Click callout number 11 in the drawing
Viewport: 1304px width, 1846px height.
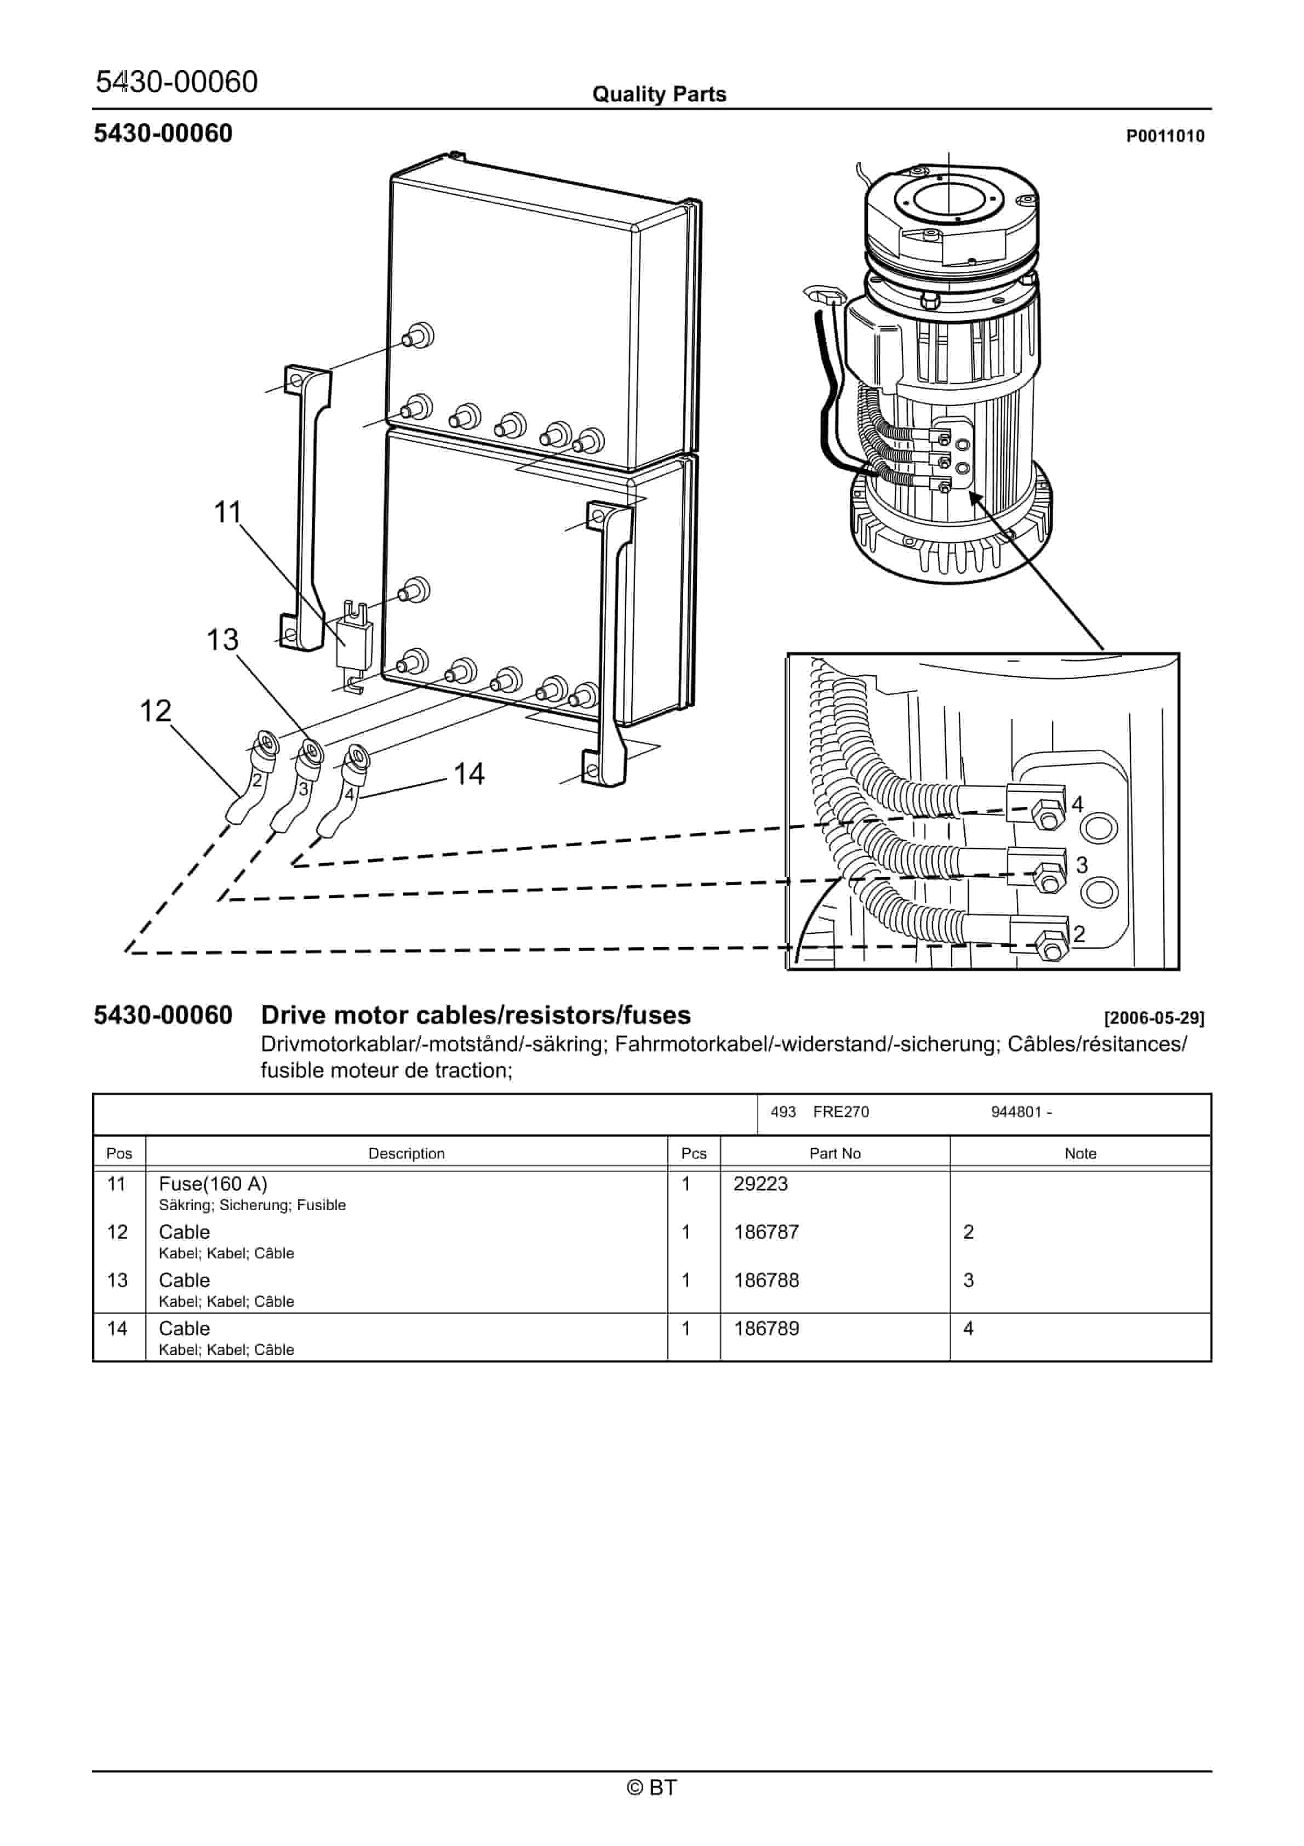coord(227,512)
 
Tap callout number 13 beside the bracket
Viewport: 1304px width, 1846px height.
coord(222,640)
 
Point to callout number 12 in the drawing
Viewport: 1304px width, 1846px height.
coord(155,711)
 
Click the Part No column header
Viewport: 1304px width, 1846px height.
coord(834,1153)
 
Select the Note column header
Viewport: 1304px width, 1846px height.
coord(1080,1153)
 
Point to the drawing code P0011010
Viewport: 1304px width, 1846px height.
coord(1165,136)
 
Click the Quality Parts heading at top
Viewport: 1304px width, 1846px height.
coord(659,94)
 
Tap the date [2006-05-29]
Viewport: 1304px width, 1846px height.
coord(1154,1018)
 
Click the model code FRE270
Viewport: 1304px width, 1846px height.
coord(840,1112)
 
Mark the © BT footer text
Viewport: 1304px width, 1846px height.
coord(651,1787)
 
